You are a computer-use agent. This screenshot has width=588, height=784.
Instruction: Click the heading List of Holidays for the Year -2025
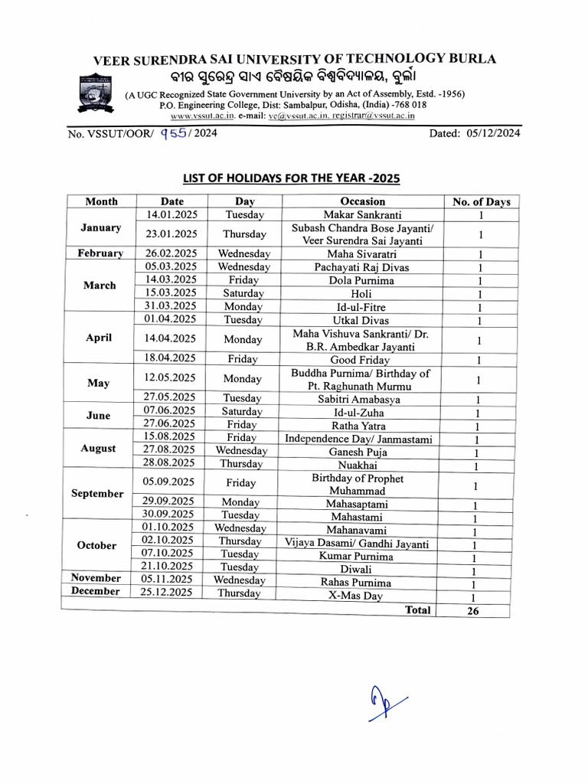(x=291, y=178)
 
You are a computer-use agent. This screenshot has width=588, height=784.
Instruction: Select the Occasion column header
(x=362, y=201)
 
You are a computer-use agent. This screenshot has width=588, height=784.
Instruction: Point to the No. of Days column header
(x=481, y=202)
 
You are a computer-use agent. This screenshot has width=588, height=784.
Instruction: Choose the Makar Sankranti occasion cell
(x=362, y=215)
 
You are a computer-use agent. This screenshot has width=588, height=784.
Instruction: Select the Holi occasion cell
(x=362, y=293)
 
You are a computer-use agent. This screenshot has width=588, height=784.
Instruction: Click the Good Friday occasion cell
(x=362, y=359)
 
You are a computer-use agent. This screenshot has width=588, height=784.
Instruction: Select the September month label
(x=97, y=494)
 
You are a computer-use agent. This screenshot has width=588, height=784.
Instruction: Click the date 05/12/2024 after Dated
(x=491, y=133)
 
